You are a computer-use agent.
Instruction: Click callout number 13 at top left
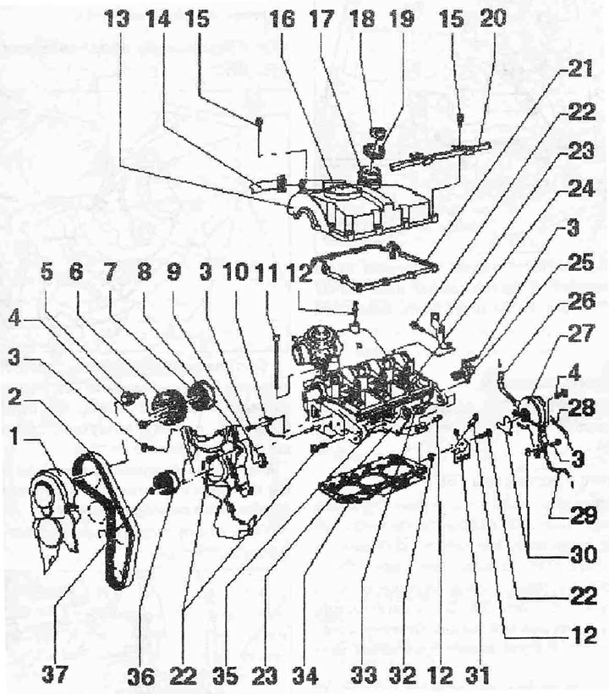[118, 19]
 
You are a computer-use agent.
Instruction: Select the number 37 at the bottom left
[56, 675]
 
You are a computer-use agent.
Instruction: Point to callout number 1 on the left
[15, 438]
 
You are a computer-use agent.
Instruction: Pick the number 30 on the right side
[584, 554]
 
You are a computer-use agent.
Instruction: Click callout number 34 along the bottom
[305, 676]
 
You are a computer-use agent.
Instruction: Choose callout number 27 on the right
[582, 333]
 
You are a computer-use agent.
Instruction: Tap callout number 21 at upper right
[580, 70]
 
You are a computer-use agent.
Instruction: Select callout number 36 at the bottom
[141, 676]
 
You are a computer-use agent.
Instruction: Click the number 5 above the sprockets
[46, 273]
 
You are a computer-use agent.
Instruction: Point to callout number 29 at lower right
[584, 515]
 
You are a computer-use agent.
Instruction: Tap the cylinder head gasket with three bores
[372, 480]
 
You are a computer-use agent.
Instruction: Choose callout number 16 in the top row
[282, 19]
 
